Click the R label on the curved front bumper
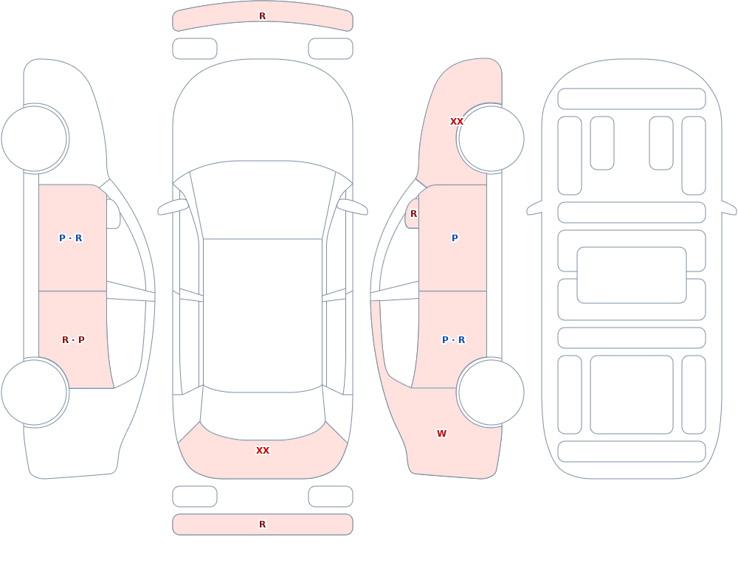263,16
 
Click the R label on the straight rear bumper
263,525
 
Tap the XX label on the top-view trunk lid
263,451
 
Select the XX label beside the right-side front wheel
457,122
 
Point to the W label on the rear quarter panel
441,434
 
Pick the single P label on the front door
455,238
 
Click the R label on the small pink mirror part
414,214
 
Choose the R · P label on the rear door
73,340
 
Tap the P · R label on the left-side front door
71,238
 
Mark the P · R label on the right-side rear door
454,340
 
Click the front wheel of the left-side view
35,139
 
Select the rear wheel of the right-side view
491,392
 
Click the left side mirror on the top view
173,207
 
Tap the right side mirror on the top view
352,207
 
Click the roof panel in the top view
263,315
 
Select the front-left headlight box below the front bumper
195,49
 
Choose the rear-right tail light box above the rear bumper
331,496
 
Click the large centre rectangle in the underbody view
632,275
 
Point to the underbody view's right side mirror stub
729,207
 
